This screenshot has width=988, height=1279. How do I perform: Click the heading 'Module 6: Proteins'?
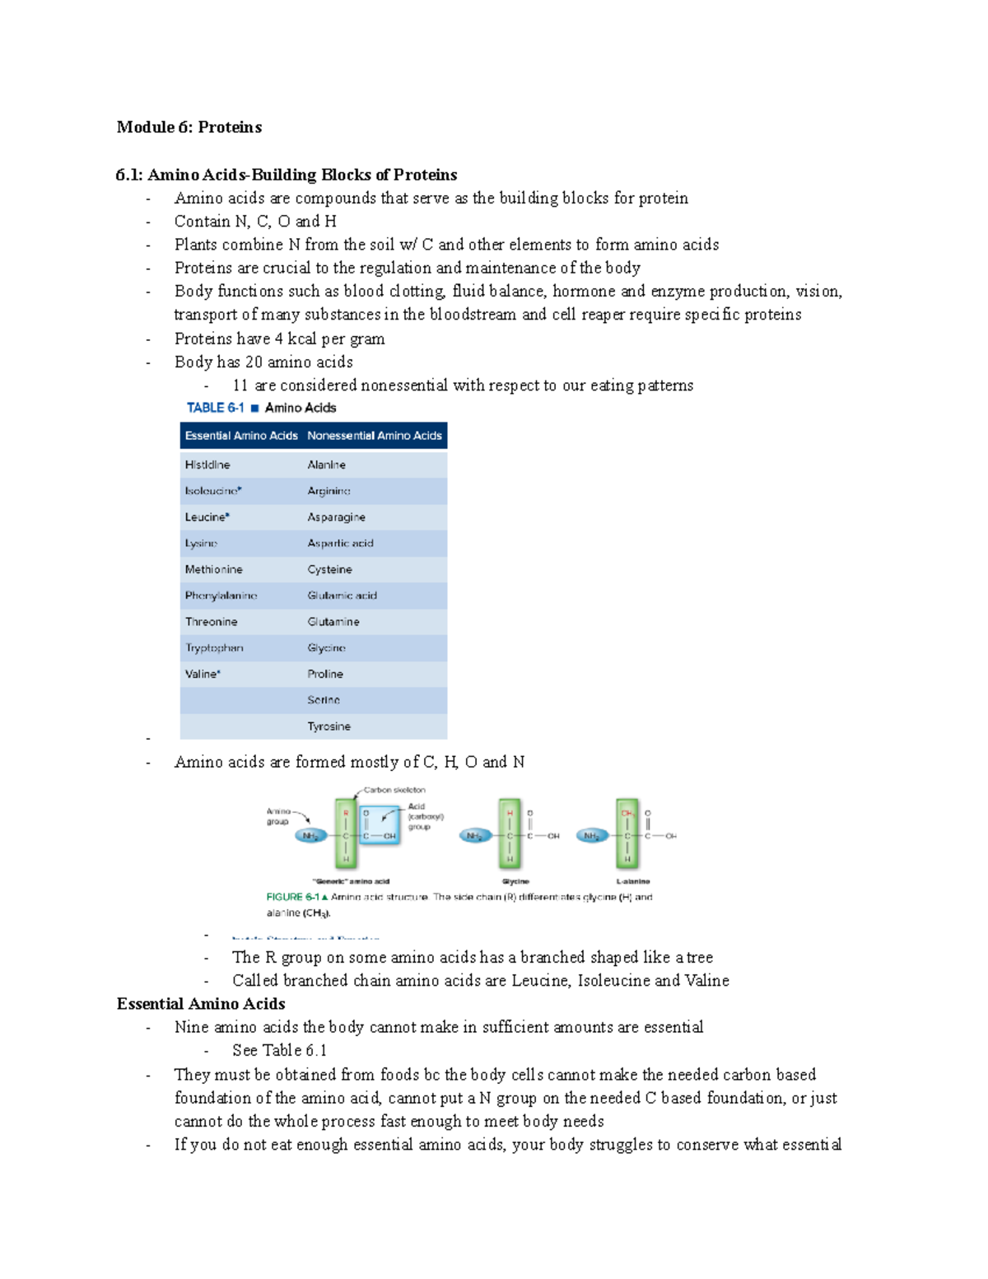tap(189, 127)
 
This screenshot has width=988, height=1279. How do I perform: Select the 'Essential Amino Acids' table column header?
tap(240, 436)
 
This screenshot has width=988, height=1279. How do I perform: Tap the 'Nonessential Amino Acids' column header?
tap(375, 436)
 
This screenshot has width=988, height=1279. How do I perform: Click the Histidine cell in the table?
tap(207, 464)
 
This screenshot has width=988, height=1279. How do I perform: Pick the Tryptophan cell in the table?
tap(214, 648)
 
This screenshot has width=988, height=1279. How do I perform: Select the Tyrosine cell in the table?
tap(329, 726)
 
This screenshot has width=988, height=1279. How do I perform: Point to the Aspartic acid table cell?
tap(340, 544)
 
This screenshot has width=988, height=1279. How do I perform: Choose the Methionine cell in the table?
tap(213, 569)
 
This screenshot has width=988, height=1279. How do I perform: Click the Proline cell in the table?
tap(325, 674)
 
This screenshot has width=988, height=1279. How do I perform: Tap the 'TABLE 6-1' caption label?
tap(215, 408)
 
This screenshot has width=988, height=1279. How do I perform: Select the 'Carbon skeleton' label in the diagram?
tap(394, 790)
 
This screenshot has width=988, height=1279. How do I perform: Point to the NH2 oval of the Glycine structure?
tap(475, 836)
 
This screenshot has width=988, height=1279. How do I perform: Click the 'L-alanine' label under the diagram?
tap(632, 881)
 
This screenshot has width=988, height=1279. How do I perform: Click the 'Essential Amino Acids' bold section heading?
tap(201, 1004)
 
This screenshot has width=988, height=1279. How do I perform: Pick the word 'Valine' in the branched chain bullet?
tap(706, 981)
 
